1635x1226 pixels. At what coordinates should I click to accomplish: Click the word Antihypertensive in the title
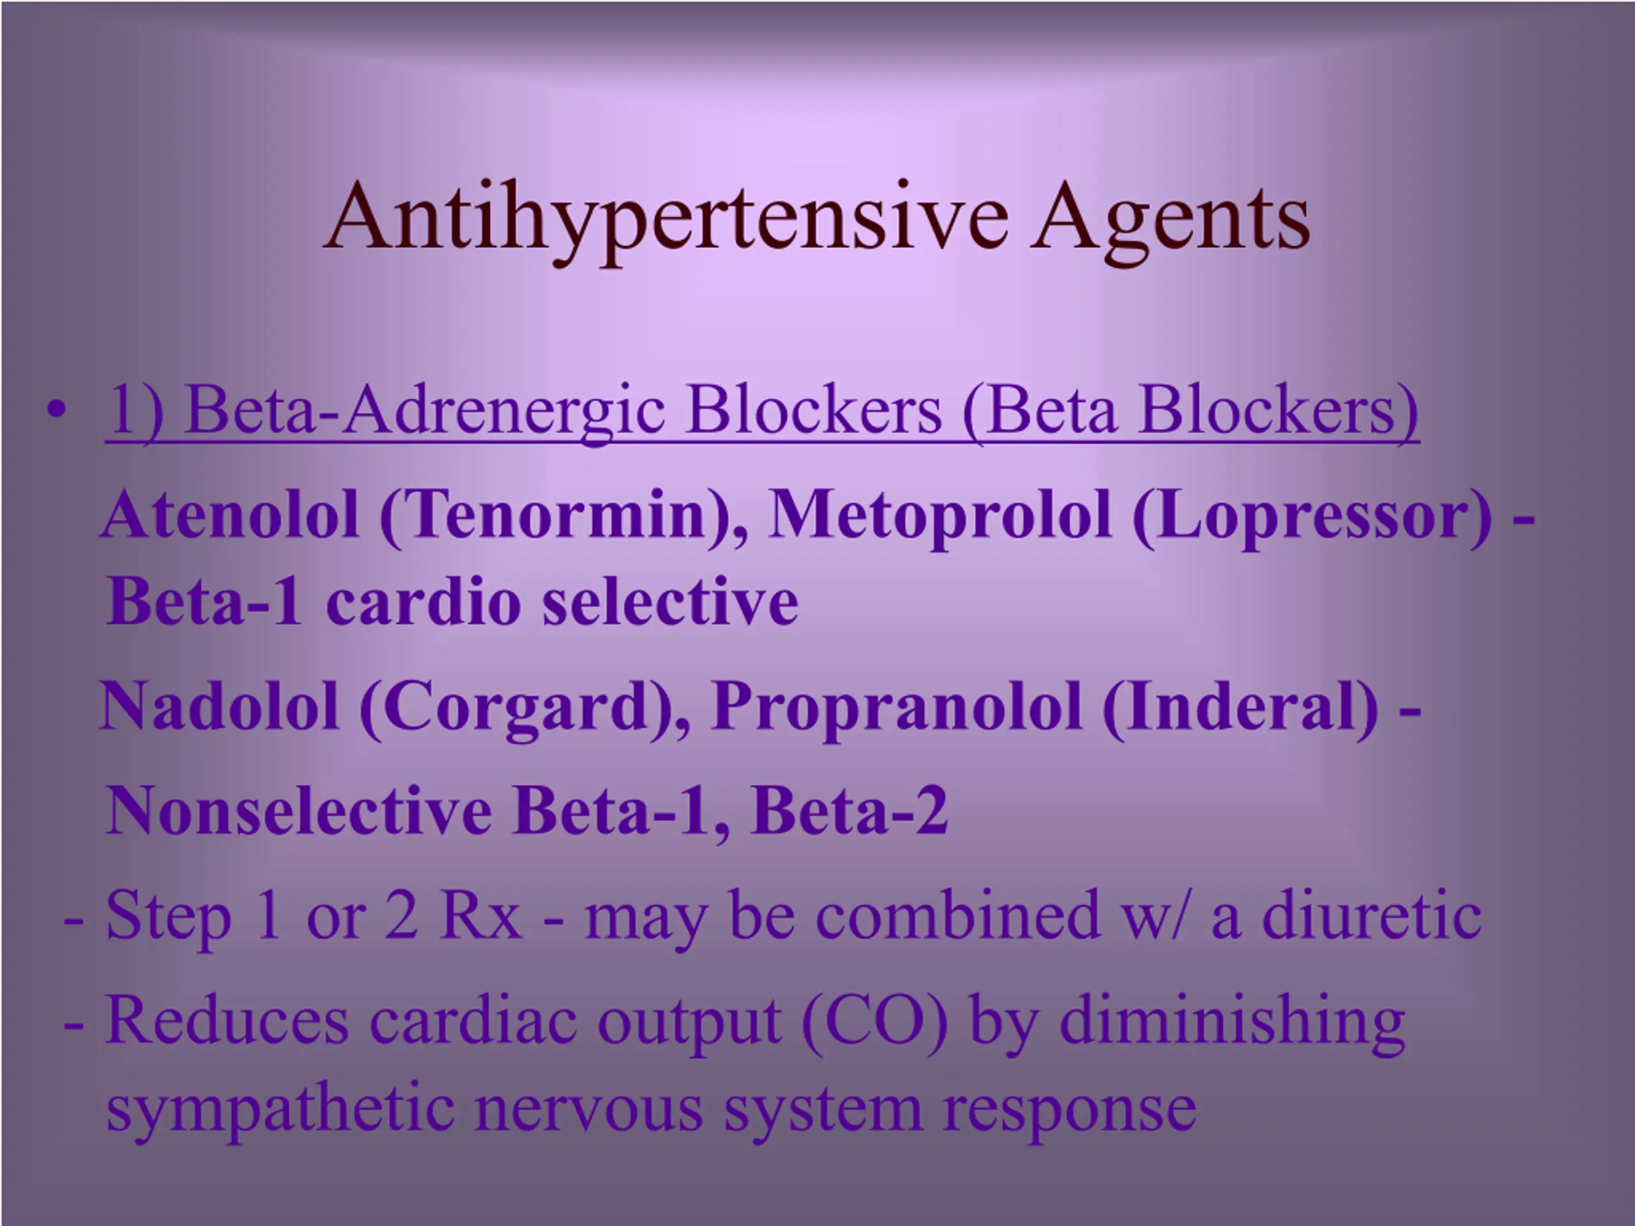[666, 220]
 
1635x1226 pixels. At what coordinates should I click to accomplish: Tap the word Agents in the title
[1171, 220]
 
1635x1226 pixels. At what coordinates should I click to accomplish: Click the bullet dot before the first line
[56, 410]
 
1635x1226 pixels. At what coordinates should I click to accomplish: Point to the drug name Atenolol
[231, 515]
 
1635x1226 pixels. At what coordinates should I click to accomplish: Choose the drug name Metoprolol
[940, 515]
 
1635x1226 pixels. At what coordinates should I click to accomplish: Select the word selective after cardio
[671, 601]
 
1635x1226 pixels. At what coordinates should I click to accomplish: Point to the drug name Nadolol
[220, 706]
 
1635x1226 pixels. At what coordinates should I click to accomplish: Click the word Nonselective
[299, 811]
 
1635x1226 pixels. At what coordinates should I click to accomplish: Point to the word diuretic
[1371, 915]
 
